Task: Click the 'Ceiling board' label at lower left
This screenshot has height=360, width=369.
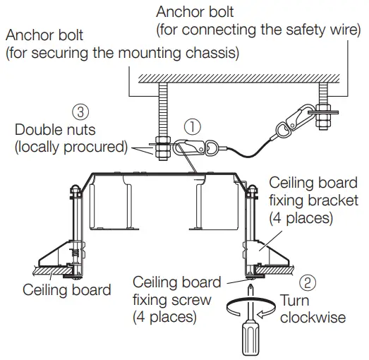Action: coord(67,289)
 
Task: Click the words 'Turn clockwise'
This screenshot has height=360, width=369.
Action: coord(313,310)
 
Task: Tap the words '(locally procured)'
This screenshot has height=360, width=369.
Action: coord(70,148)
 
